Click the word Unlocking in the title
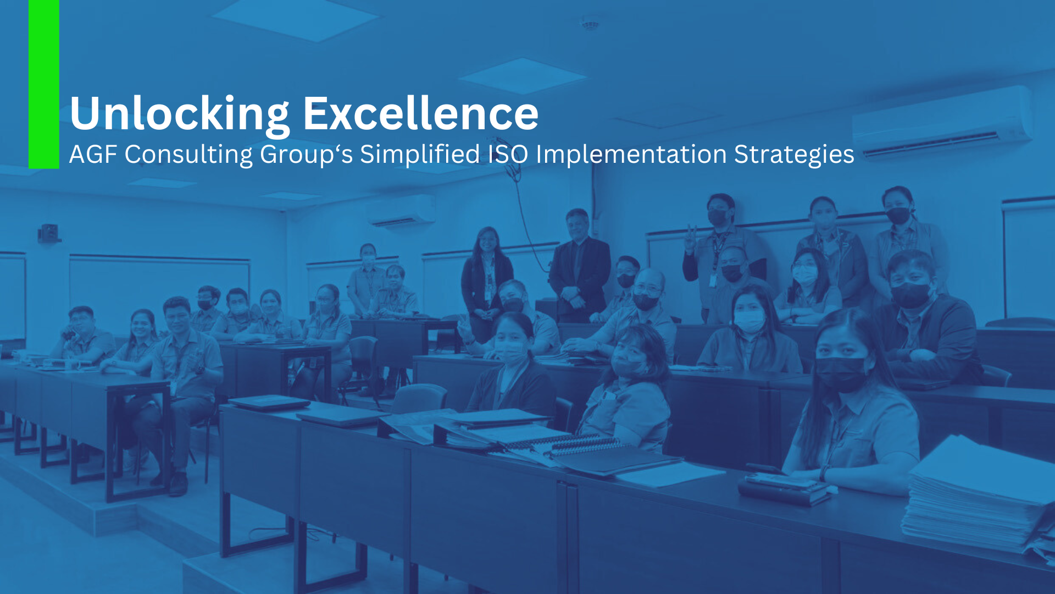[180, 114]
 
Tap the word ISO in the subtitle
[508, 154]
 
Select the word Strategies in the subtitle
[794, 155]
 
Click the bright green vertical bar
[44, 84]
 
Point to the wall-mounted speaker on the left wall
[49, 233]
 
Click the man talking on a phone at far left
[82, 335]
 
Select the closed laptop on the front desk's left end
[269, 403]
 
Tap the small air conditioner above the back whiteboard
[401, 211]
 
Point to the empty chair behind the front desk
[419, 399]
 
